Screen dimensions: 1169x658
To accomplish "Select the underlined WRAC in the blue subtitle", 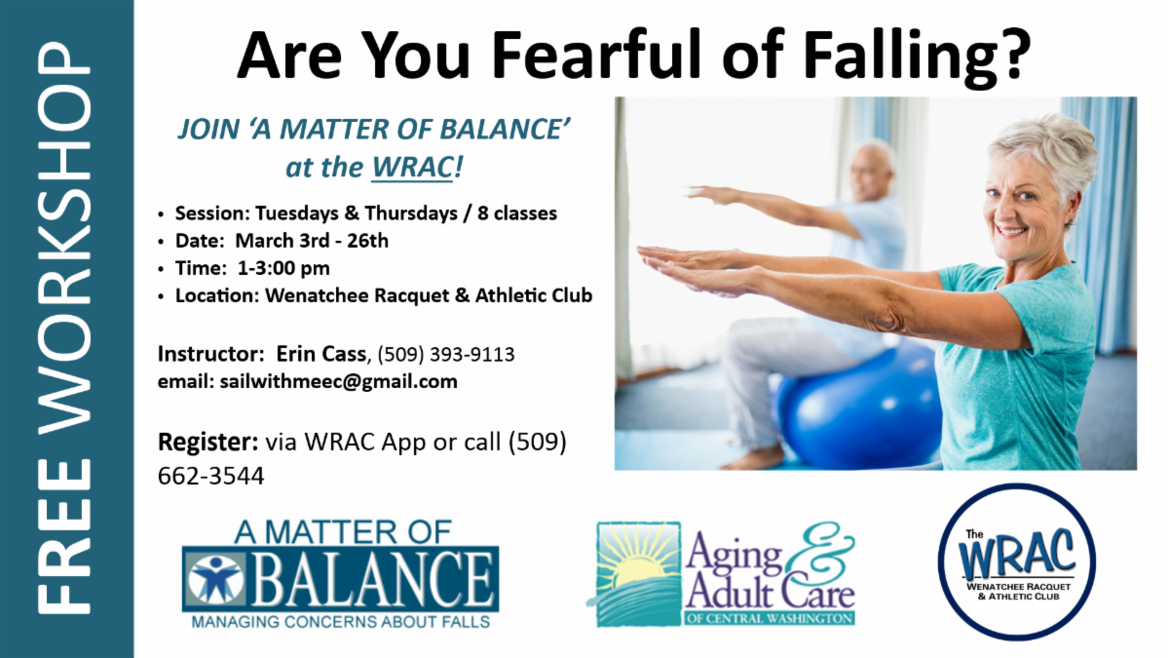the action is pyautogui.click(x=412, y=167).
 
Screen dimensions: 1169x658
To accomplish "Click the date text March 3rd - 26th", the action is pyautogui.click(x=312, y=241).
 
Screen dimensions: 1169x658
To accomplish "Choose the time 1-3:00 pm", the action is pyautogui.click(x=283, y=268).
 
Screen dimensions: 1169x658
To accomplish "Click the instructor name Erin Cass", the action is pyautogui.click(x=321, y=354).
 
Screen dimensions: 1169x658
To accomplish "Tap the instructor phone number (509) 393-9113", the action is pyautogui.click(x=446, y=355).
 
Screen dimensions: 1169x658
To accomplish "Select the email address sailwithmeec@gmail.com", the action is pyautogui.click(x=338, y=382).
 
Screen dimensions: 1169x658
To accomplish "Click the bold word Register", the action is pyautogui.click(x=207, y=443).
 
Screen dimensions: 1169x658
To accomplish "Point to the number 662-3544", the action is pyautogui.click(x=210, y=477).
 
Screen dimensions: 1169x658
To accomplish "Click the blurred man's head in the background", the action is pyautogui.click(x=871, y=173).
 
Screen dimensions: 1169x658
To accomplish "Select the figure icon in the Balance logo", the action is pyautogui.click(x=215, y=579).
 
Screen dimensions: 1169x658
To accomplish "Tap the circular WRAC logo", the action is pyautogui.click(x=1017, y=561).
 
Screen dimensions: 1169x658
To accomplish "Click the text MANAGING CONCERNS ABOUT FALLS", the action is pyautogui.click(x=341, y=622).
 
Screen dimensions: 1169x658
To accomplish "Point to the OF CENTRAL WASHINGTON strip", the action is pyautogui.click(x=771, y=618).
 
